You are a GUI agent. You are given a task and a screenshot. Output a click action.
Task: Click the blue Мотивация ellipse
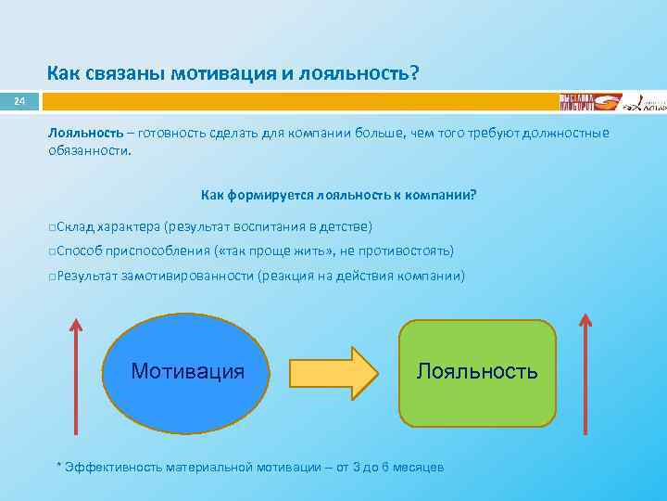click(188, 371)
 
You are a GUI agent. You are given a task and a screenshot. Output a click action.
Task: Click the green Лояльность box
click(477, 371)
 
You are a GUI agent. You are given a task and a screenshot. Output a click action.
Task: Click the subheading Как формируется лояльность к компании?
click(339, 195)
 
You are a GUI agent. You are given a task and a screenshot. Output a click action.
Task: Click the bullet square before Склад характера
click(53, 226)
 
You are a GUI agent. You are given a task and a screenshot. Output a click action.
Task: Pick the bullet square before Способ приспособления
click(53, 251)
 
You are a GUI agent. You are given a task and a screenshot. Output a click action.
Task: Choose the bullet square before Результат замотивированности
click(53, 276)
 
